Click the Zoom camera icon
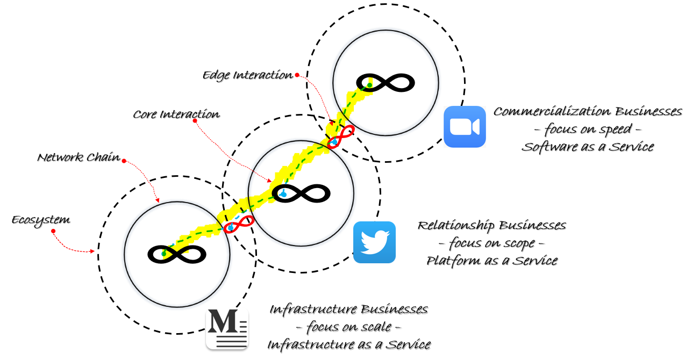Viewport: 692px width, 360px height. tap(465, 127)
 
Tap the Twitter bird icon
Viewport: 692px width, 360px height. tap(374, 242)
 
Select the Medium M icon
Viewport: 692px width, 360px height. tap(227, 329)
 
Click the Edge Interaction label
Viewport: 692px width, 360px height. tap(247, 75)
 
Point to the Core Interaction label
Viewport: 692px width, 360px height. tap(176, 114)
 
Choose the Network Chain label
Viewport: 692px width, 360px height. tap(79, 158)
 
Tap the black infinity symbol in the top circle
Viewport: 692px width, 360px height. tap(386, 83)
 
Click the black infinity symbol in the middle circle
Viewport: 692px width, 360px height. tap(301, 193)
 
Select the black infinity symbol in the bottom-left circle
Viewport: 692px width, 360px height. tap(177, 254)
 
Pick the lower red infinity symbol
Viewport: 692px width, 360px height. tap(239, 224)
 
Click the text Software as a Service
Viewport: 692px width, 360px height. tap(587, 147)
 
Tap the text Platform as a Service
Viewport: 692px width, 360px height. tap(491, 261)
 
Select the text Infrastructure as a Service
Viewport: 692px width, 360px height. tap(348, 344)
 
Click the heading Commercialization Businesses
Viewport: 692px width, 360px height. tap(587, 112)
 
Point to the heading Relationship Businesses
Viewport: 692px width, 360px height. tap(491, 225)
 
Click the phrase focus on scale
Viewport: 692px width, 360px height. tap(348, 327)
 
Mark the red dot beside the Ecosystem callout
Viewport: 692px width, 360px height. tap(53, 231)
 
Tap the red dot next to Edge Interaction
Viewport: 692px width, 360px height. tap(297, 75)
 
